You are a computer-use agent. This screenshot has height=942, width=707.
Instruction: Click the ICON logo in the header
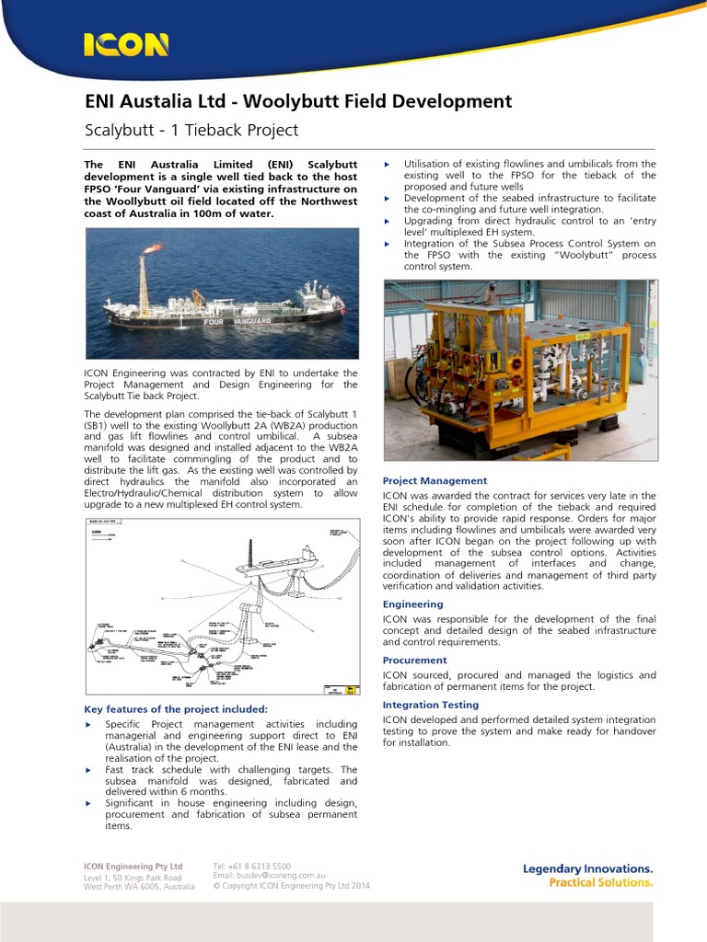pyautogui.click(x=126, y=44)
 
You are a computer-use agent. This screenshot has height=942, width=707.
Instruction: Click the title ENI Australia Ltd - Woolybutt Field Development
pyautogui.click(x=297, y=101)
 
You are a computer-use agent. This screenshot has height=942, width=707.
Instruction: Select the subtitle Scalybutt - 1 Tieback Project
pyautogui.click(x=191, y=130)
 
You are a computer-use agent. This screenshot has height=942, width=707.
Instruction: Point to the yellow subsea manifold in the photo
pyautogui.click(x=520, y=368)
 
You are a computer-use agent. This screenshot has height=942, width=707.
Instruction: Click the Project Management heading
pyautogui.click(x=435, y=480)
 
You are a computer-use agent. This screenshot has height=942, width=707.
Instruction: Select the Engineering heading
pyautogui.click(x=412, y=604)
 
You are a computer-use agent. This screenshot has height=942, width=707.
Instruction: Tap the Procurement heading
pyautogui.click(x=414, y=660)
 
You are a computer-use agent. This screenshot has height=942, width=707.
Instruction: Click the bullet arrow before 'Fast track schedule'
pyautogui.click(x=88, y=769)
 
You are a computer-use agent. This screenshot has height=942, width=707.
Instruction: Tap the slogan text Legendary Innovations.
pyautogui.click(x=587, y=868)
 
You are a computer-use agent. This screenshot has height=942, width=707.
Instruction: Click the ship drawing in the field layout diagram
pyautogui.click(x=276, y=560)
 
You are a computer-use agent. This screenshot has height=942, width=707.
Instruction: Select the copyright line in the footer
pyautogui.click(x=291, y=886)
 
